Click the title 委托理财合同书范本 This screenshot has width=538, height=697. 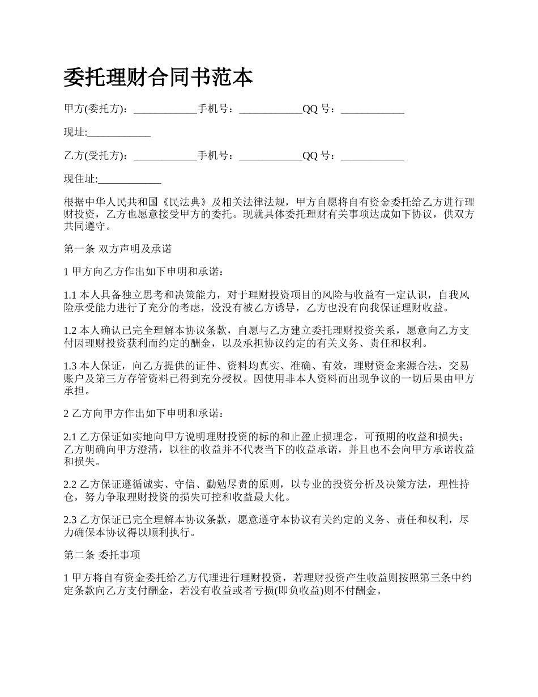click(158, 78)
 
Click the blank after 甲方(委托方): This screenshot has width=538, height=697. click(165, 110)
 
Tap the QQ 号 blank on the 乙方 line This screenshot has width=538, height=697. click(372, 156)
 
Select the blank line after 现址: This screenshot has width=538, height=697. click(119, 133)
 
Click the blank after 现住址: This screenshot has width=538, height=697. click(130, 180)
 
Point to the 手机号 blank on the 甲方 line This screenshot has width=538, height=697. click(271, 110)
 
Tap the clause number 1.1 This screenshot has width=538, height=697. click(70, 295)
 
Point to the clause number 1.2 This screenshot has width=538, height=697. click(70, 330)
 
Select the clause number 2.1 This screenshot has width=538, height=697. click(70, 437)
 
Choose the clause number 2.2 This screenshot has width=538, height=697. click(70, 484)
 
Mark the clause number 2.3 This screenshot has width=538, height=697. click(70, 520)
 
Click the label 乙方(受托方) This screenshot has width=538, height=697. click(92, 156)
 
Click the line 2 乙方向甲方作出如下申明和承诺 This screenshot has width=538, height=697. click(144, 413)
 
